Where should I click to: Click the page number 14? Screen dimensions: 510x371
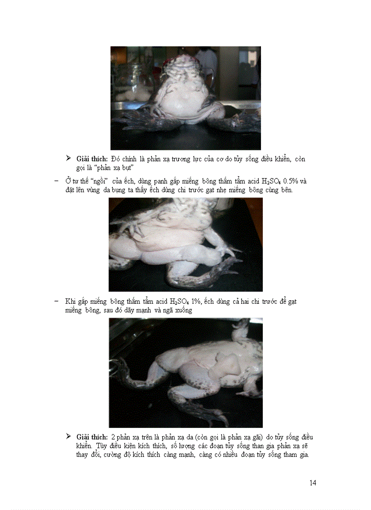click(x=313, y=483)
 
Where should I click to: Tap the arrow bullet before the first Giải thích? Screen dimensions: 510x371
click(x=69, y=158)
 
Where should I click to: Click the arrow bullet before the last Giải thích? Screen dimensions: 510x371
click(x=69, y=437)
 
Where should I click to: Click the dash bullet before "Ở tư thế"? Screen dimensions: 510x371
click(x=56, y=182)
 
